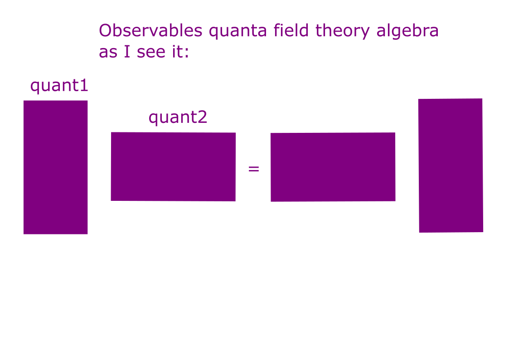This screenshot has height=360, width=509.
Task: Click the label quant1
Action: (x=59, y=85)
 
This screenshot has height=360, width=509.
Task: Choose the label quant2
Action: (x=178, y=117)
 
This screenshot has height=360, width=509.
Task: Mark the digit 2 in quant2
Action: (x=202, y=117)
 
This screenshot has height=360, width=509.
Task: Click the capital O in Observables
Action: (x=105, y=31)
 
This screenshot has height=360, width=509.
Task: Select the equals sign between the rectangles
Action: (x=254, y=169)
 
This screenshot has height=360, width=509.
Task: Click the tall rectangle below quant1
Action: (x=55, y=167)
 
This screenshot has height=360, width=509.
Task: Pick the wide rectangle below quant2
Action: (x=173, y=166)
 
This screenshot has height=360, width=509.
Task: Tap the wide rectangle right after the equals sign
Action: (x=333, y=167)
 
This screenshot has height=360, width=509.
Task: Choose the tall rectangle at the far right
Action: (x=451, y=165)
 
